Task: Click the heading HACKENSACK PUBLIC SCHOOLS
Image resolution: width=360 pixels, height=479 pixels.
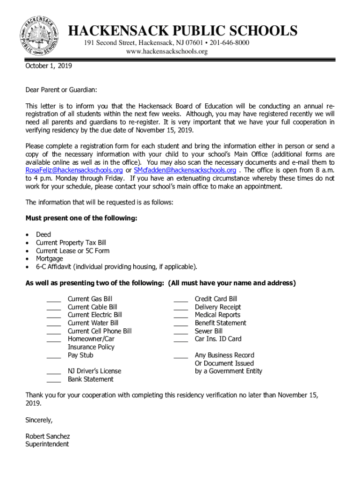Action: (183, 31)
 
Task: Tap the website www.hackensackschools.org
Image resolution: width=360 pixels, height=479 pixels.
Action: (167, 51)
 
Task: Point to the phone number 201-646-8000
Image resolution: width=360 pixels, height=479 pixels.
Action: (230, 43)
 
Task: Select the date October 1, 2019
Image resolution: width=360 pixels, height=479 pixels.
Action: (49, 66)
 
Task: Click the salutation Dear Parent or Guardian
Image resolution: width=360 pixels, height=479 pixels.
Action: (61, 90)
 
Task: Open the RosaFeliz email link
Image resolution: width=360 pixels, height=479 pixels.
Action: (74, 170)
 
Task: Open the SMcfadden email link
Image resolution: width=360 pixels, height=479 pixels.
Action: (185, 170)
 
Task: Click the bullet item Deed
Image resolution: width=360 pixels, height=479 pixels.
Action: (43, 234)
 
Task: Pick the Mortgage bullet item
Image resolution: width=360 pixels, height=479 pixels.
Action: (49, 259)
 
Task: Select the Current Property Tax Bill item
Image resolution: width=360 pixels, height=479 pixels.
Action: (71, 242)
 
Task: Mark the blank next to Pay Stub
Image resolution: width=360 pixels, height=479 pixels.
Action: (54, 356)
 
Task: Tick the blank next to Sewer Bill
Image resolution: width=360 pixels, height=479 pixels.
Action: (181, 332)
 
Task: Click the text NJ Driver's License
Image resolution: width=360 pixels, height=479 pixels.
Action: (94, 371)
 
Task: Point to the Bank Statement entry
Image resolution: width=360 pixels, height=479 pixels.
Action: (91, 379)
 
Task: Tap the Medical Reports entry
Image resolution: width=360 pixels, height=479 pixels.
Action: (217, 315)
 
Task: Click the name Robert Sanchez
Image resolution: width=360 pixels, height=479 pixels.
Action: (48, 436)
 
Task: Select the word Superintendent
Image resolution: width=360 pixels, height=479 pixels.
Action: (47, 444)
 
